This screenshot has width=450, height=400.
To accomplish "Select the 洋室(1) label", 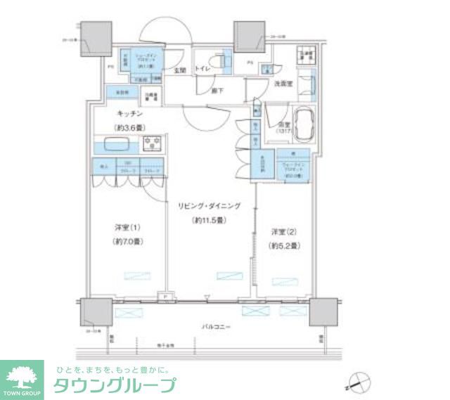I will [128, 228].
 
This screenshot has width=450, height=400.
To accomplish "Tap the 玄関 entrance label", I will [180, 70].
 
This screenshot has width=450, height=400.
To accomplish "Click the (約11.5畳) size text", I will [209, 220].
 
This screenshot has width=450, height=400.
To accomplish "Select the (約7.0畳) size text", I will [128, 242].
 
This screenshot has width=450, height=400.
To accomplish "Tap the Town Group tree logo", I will [23, 377].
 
